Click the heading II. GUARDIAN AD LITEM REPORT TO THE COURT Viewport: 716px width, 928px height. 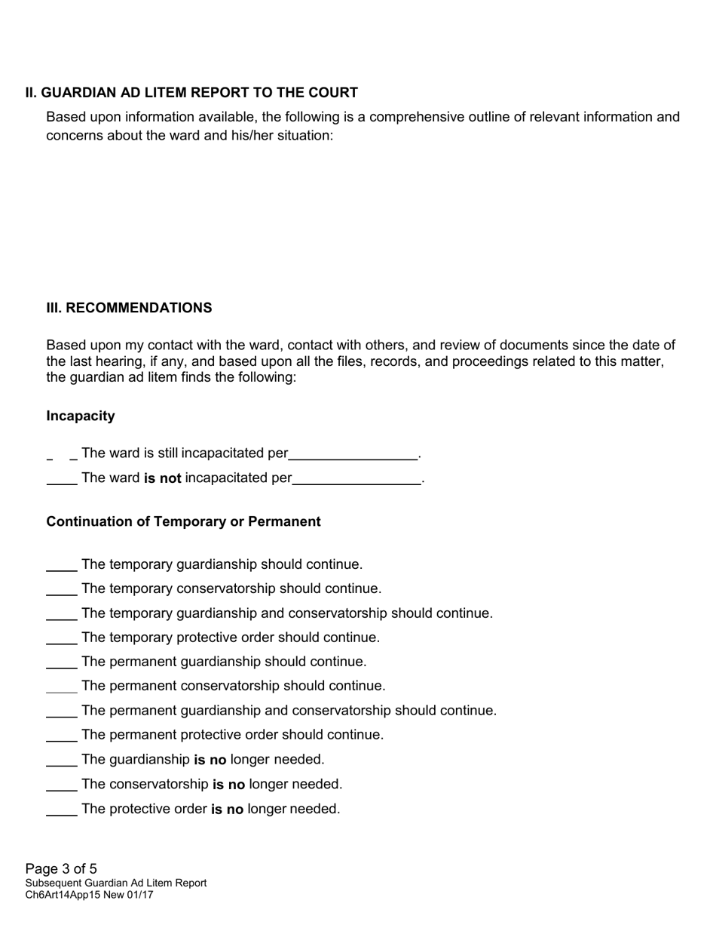pos(191,93)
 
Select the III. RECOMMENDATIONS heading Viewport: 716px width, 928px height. pos(129,308)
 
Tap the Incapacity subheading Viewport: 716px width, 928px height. pos(81,416)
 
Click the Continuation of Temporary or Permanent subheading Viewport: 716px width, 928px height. pos(183,521)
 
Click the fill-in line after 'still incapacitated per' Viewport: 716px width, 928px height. pos(353,454)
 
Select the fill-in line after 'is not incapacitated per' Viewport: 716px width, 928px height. pos(356,479)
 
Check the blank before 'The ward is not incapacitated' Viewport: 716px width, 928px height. pos(62,479)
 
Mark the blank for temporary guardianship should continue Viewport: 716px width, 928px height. pos(62,566)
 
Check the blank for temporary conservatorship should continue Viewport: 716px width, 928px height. pos(62,590)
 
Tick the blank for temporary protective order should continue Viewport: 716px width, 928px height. pos(62,639)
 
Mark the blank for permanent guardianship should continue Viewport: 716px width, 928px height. pos(62,663)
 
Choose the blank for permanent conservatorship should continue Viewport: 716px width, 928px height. pos(62,687)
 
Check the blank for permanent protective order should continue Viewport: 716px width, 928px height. pos(62,736)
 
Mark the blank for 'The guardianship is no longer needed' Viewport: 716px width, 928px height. pos(62,761)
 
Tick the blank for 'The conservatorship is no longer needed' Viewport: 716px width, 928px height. pos(62,785)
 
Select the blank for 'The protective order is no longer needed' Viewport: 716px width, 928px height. pos(62,810)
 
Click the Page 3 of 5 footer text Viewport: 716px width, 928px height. pos(61,868)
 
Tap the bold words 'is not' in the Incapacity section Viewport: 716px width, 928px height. pos(162,478)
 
